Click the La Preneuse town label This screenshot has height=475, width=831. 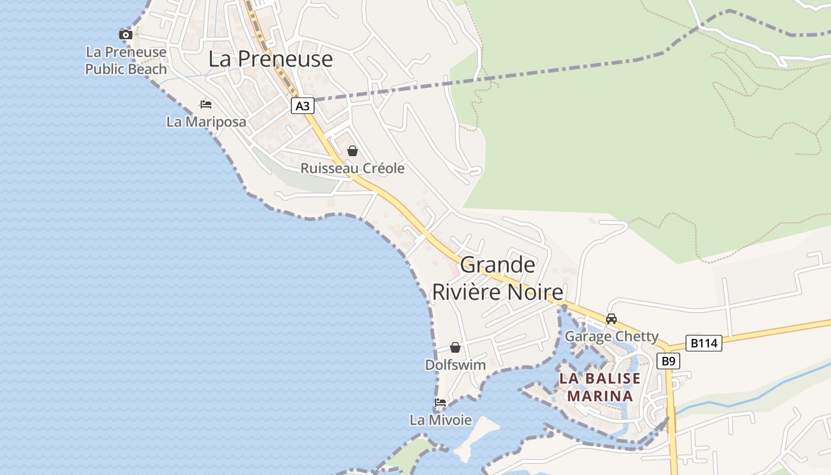[x=270, y=59]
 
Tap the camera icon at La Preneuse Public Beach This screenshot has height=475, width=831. [x=125, y=34]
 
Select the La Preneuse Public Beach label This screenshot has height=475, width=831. [x=126, y=61]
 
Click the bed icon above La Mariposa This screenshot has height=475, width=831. [x=206, y=104]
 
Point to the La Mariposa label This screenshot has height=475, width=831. [x=206, y=122]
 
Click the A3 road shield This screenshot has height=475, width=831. [x=303, y=106]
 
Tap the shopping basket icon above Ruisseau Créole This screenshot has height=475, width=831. [x=353, y=151]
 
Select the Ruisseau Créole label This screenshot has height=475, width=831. [x=353, y=168]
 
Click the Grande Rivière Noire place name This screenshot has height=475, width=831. [x=497, y=278]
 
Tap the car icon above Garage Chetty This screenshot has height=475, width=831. [x=611, y=319]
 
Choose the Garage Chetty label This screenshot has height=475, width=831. [x=611, y=337]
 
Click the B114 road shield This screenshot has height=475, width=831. [x=704, y=343]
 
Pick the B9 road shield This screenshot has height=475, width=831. [x=668, y=361]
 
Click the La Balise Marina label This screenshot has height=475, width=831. [x=600, y=387]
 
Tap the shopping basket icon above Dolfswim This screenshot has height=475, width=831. [x=455, y=347]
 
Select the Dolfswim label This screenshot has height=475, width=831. [x=455, y=365]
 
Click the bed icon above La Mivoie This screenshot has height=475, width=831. [x=440, y=403]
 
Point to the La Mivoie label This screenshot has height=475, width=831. [x=440, y=420]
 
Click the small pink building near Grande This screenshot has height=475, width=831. [x=455, y=273]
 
